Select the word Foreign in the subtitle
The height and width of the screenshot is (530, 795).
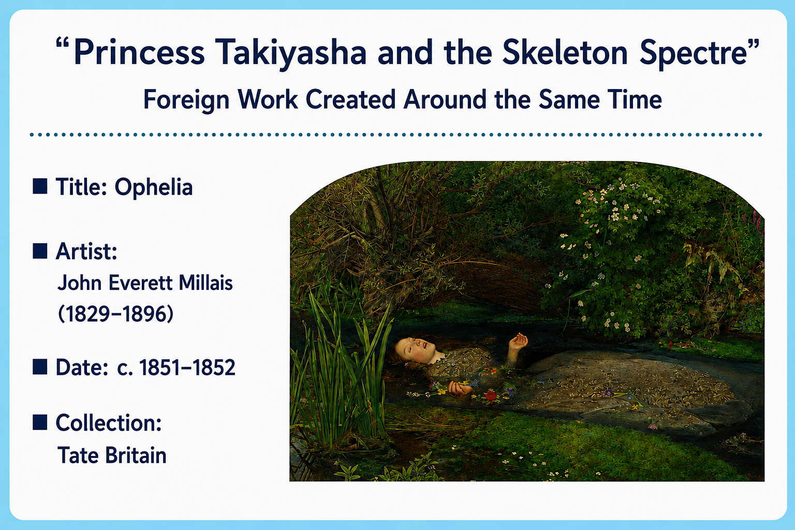point(186,100)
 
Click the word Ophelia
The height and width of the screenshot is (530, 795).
point(153,187)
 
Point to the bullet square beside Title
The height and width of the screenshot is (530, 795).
point(40,186)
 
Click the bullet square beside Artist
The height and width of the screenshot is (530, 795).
point(40,251)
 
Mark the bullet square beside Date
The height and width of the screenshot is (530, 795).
point(40,367)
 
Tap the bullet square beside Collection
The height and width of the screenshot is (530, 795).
point(40,422)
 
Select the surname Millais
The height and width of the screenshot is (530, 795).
point(205,283)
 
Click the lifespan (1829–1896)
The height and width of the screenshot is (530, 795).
point(116,314)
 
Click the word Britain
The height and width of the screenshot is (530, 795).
point(136,455)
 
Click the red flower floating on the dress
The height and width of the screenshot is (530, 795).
point(491,395)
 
